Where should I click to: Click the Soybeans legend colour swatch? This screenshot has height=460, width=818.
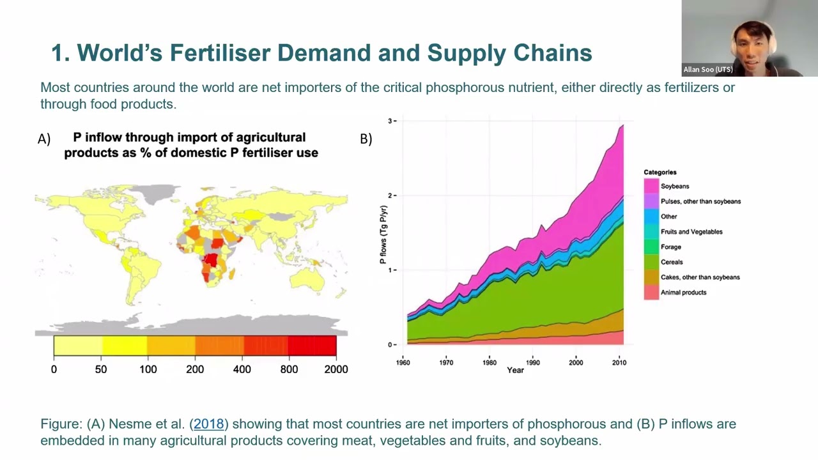651,186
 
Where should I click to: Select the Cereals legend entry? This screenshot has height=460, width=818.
671,262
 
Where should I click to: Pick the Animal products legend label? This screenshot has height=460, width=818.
683,293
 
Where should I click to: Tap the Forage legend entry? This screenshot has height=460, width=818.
670,247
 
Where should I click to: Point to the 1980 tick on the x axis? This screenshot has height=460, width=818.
490,362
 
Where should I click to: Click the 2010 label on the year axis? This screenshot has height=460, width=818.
619,362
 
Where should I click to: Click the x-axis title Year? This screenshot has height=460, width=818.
515,370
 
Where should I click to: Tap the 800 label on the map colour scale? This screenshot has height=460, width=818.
289,369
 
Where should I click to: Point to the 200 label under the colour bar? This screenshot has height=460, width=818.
195,369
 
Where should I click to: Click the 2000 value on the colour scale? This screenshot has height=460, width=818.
336,369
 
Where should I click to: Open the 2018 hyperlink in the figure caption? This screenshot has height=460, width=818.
209,424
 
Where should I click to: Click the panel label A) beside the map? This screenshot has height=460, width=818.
44,139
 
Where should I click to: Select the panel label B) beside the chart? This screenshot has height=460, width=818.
366,139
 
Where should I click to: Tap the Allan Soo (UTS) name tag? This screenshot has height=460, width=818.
708,70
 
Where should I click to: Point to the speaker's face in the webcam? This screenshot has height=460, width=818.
752,46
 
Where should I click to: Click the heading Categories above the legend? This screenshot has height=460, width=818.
660,172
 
